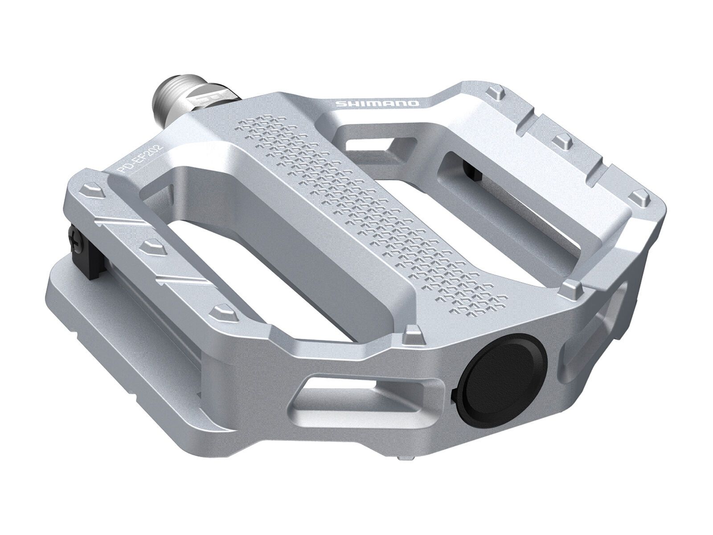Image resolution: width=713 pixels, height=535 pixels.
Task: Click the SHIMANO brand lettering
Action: click(x=377, y=103)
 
